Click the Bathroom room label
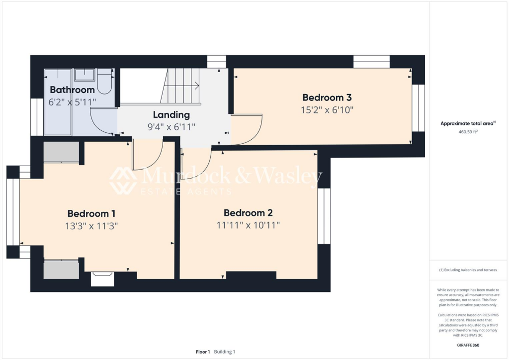point(72,90)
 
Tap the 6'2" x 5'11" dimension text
point(72,102)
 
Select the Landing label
point(171,115)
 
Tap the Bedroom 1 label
point(91,214)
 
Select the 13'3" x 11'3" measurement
point(91,226)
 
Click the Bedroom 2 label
point(248,213)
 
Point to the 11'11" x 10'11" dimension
point(248,225)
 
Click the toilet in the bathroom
point(104,82)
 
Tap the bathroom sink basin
point(85,75)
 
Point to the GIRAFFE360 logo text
point(468,345)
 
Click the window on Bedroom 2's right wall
point(324,216)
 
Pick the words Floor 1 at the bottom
point(203,352)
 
